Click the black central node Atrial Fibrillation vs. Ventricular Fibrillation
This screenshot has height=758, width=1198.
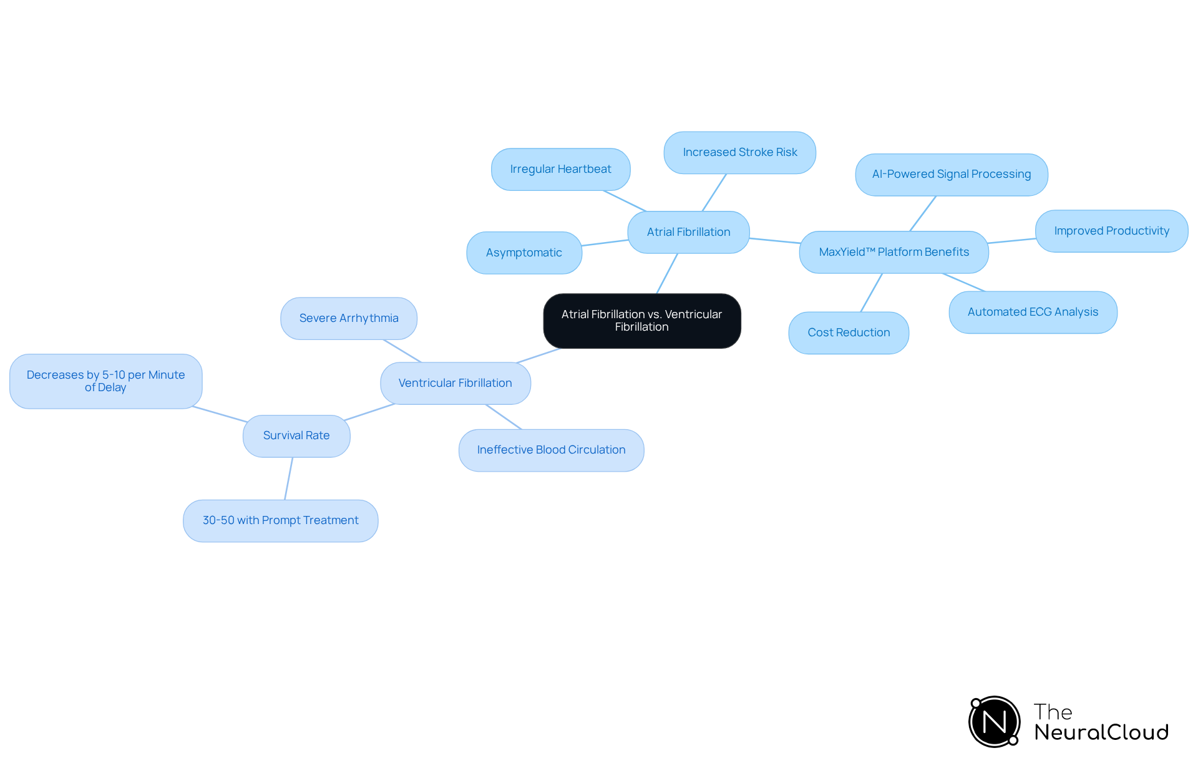(x=642, y=321)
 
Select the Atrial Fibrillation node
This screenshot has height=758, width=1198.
(x=688, y=232)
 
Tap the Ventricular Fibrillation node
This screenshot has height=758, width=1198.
(x=455, y=383)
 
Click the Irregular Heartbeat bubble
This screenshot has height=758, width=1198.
(x=560, y=169)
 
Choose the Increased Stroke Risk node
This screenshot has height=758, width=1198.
(x=740, y=152)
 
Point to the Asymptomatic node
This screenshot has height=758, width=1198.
(x=524, y=253)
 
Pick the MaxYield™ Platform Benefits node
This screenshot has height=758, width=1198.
(x=894, y=252)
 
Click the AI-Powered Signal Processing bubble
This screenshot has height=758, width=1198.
(x=952, y=175)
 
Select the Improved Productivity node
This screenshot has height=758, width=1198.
(x=1112, y=231)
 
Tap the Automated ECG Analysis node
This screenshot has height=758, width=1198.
(x=1033, y=312)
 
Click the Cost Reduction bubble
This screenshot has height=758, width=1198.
(x=849, y=333)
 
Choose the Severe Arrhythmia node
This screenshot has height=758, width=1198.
(x=349, y=318)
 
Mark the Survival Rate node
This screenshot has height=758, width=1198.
(x=296, y=436)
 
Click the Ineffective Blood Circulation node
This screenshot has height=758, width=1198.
(x=552, y=450)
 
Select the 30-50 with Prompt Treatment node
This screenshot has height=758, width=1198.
(x=281, y=520)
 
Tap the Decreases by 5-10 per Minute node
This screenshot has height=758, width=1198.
(x=106, y=381)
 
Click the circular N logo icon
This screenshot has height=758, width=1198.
(x=995, y=722)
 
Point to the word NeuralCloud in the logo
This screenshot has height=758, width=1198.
(x=1101, y=732)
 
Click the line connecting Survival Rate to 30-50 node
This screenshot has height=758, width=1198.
(x=289, y=479)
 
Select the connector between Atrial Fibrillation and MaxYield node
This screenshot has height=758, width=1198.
(x=774, y=241)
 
